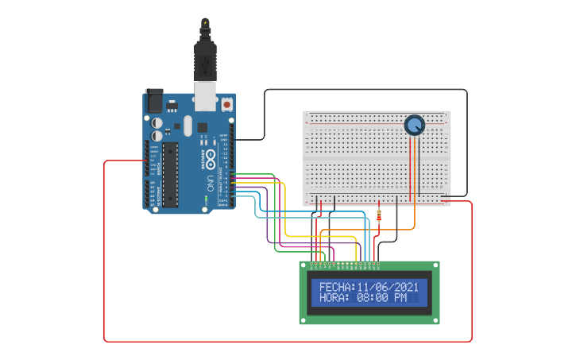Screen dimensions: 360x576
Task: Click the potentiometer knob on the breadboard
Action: click(x=414, y=125)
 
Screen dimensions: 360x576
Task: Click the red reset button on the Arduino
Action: click(x=227, y=104)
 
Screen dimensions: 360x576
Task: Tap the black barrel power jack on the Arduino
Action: click(x=154, y=102)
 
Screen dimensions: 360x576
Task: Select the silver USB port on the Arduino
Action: click(x=206, y=97)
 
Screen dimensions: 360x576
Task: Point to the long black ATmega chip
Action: click(x=170, y=174)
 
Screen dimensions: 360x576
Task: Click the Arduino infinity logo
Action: click(x=211, y=155)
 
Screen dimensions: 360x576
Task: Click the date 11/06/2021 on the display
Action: click(x=388, y=287)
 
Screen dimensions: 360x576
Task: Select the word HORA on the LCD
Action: click(x=334, y=298)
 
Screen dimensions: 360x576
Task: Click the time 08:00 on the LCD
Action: click(x=373, y=298)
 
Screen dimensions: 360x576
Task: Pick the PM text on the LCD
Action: click(x=400, y=298)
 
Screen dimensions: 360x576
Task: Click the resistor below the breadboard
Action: click(x=378, y=215)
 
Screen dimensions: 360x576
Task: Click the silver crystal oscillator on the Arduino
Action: click(x=187, y=126)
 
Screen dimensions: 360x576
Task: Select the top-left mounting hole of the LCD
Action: click(x=303, y=265)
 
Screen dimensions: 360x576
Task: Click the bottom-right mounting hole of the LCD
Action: click(x=435, y=320)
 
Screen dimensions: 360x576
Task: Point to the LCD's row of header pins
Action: click(x=346, y=263)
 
